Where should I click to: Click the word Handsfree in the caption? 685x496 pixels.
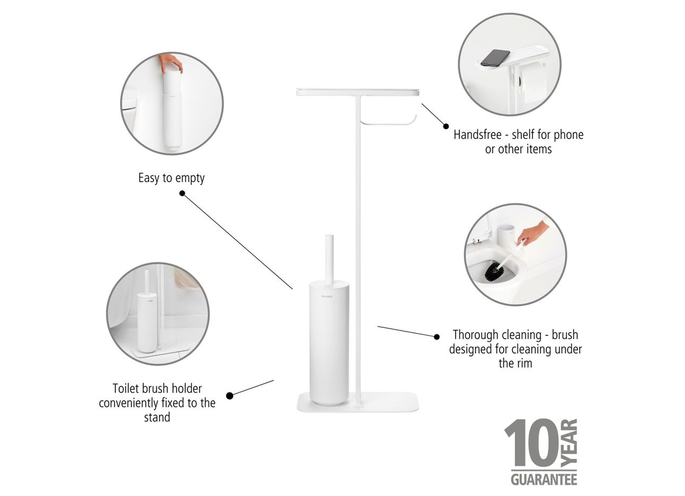(x=477, y=135)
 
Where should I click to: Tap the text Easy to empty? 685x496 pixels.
(x=171, y=178)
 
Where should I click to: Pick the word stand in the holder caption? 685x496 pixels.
(x=157, y=417)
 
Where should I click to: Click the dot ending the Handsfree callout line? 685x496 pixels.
(x=446, y=126)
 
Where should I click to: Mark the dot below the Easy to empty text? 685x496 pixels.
(x=182, y=193)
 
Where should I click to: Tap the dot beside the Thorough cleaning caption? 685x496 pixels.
(x=437, y=337)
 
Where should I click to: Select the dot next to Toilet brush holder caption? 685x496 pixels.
(x=229, y=396)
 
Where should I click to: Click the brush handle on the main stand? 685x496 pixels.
(x=329, y=259)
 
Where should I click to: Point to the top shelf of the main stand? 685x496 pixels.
(x=357, y=92)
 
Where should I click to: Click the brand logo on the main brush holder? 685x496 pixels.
(x=327, y=296)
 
